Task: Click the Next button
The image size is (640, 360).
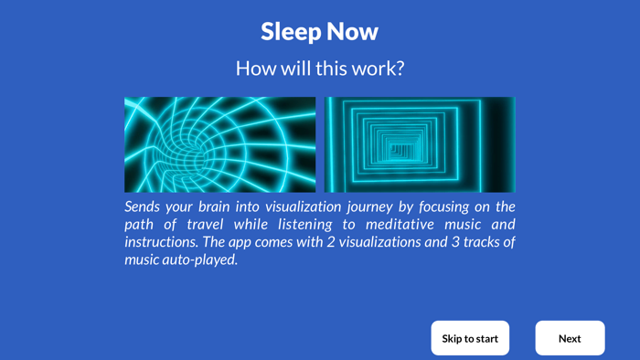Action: pyautogui.click(x=570, y=338)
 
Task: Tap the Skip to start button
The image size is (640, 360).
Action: pyautogui.click(x=470, y=338)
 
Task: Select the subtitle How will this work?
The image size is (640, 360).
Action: pyautogui.click(x=320, y=69)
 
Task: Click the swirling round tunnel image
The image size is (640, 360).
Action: pyautogui.click(x=220, y=144)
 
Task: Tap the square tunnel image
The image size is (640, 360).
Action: pyautogui.click(x=420, y=144)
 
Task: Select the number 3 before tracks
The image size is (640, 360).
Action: pyautogui.click(x=455, y=241)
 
